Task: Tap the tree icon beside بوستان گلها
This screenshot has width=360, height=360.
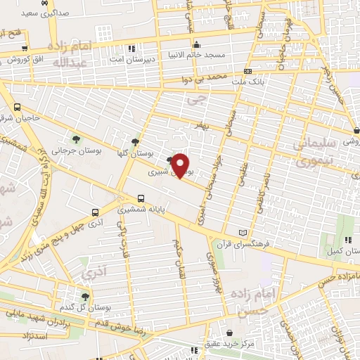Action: (x=136, y=141)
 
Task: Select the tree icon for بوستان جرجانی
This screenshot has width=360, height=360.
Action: (x=76, y=138)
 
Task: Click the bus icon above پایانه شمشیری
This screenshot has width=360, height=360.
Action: (x=141, y=198)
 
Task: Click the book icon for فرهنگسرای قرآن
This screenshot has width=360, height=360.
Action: (x=243, y=233)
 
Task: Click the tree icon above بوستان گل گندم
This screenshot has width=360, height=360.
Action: (x=85, y=297)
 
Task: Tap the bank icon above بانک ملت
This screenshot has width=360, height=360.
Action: (x=247, y=71)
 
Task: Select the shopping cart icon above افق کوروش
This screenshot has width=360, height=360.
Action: (x=25, y=48)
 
